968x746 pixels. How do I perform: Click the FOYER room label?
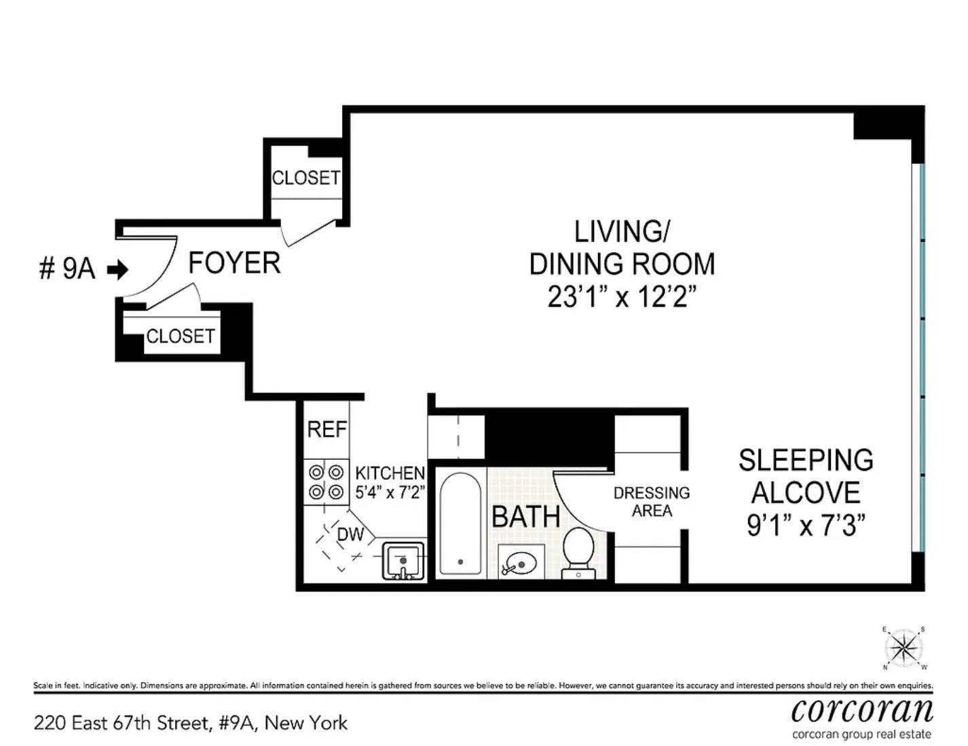234,263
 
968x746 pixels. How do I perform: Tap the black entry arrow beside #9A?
119,270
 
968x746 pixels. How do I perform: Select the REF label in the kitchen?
327,429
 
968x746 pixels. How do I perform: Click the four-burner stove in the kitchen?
326,482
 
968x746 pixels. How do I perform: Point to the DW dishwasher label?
350,534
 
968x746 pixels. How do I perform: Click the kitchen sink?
403,561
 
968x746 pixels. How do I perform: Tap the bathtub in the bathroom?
460,524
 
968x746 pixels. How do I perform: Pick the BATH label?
526,517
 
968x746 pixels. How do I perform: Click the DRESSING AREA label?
652,502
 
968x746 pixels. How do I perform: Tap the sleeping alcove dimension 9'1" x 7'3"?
806,525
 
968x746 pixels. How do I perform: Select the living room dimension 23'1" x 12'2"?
622,296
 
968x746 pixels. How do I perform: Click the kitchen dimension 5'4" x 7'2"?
390,492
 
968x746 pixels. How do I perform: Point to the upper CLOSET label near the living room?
305,178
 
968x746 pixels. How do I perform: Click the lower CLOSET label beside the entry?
181,336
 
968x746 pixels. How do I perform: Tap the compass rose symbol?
904,648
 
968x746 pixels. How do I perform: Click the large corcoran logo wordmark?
862,710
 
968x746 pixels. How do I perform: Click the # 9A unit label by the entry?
67,269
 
